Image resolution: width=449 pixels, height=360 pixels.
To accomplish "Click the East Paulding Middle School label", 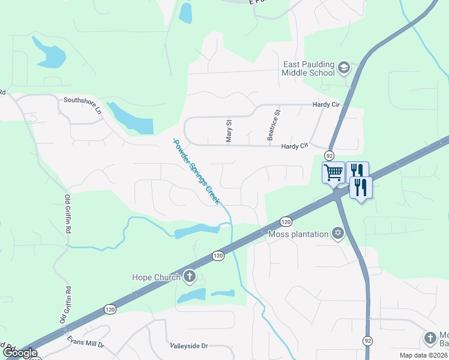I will click(309, 68).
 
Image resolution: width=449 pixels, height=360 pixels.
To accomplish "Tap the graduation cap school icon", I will click(343, 67).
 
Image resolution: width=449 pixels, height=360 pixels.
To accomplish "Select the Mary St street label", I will click(229, 130).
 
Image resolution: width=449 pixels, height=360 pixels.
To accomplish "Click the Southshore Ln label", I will click(83, 105).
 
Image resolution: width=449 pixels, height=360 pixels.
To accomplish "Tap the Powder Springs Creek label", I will click(194, 171).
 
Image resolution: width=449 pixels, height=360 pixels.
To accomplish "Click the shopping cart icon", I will click(333, 173).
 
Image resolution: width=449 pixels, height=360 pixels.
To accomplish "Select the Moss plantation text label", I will click(299, 234).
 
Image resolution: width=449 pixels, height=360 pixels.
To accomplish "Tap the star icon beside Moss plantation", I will click(338, 233).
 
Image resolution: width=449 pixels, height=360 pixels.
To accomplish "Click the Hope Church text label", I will click(156, 277).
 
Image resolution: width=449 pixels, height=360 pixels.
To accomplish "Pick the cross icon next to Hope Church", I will click(190, 277).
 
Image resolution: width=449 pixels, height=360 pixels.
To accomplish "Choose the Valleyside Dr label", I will click(188, 346).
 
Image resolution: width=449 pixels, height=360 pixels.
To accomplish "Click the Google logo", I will click(20, 353).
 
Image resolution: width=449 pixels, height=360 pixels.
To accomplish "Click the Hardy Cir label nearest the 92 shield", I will click(294, 146).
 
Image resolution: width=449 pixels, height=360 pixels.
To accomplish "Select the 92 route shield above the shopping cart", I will click(330, 155).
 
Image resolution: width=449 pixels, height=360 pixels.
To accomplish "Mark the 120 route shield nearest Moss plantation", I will click(286, 221).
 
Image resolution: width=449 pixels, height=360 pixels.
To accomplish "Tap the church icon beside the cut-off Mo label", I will click(430, 338).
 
